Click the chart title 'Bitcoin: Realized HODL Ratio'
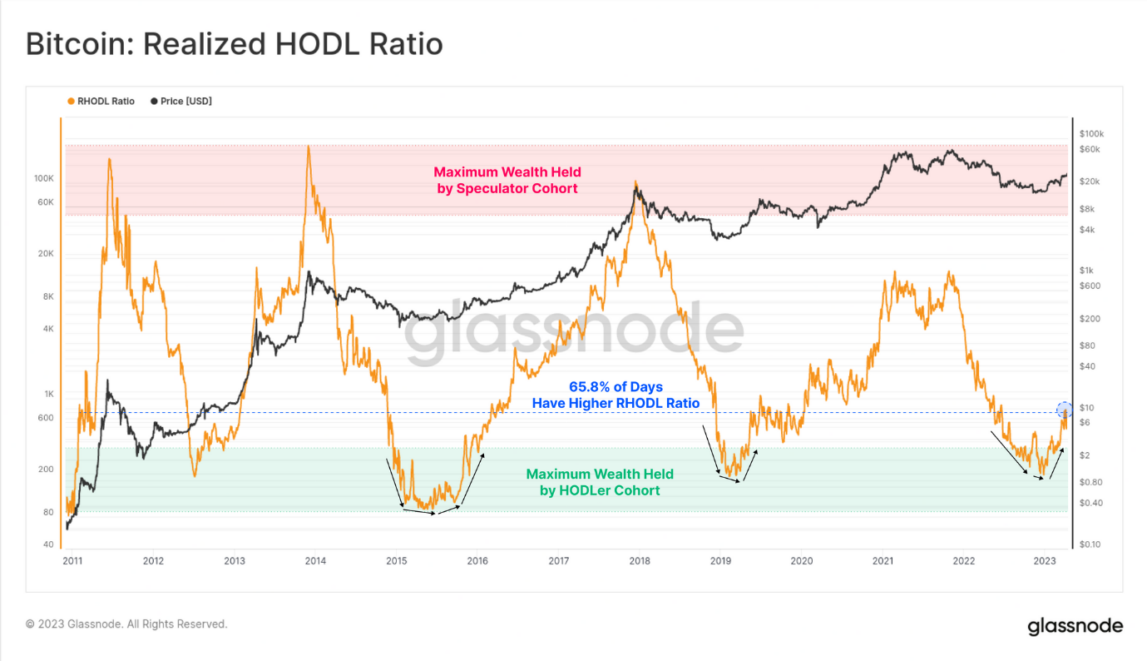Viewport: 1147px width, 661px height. [x=234, y=43]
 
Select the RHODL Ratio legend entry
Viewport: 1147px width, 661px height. [x=101, y=102]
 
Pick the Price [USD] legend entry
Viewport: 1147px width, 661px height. [x=181, y=102]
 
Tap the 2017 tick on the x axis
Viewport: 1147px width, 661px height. [x=558, y=561]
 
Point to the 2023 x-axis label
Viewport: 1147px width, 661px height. [x=1046, y=561]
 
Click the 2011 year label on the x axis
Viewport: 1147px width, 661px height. [x=72, y=561]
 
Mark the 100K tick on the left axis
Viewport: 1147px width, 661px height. [x=43, y=179]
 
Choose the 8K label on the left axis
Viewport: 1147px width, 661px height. [x=47, y=296]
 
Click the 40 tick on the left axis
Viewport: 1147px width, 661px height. [x=48, y=544]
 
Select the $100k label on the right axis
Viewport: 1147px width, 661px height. [x=1090, y=134]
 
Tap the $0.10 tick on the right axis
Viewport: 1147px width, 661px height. [x=1090, y=544]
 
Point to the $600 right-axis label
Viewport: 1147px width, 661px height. [x=1089, y=286]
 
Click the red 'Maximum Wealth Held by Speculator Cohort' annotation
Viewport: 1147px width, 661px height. [x=507, y=180]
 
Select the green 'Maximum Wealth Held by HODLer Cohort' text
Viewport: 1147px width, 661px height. [x=600, y=482]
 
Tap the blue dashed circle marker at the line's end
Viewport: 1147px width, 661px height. [x=1064, y=410]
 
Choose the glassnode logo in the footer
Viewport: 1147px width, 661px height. [x=1075, y=626]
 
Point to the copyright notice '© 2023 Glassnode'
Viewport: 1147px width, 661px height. [x=126, y=624]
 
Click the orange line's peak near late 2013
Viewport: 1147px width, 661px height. [x=309, y=147]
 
